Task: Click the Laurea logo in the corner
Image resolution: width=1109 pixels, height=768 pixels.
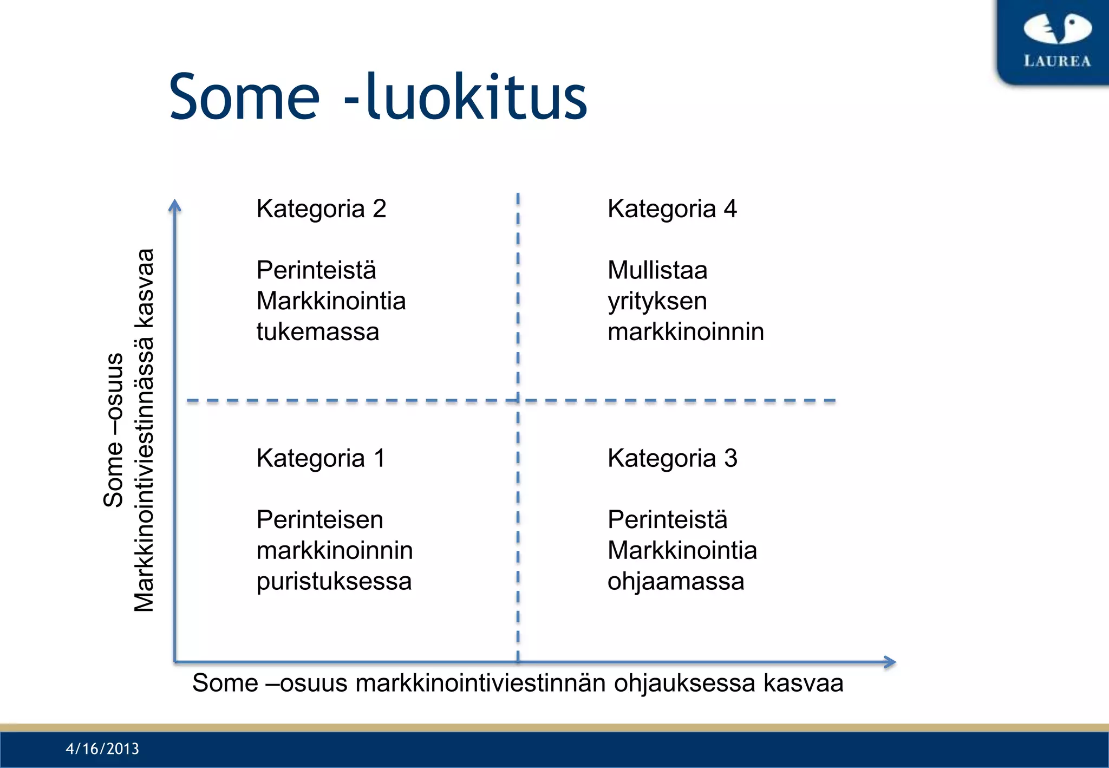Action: (1056, 41)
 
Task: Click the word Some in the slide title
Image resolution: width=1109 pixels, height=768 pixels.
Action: (244, 98)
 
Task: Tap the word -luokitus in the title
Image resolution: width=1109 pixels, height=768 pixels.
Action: (466, 98)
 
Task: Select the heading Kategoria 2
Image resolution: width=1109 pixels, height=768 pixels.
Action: (321, 209)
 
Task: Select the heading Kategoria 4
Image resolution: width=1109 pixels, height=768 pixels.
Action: (672, 209)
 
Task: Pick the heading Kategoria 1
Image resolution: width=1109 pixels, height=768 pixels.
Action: (321, 458)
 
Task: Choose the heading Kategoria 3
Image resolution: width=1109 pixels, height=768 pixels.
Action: (672, 458)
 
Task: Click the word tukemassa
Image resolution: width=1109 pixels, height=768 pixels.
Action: (318, 331)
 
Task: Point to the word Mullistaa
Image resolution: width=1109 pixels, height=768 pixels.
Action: (657, 270)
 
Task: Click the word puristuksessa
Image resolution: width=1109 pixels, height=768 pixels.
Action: (334, 581)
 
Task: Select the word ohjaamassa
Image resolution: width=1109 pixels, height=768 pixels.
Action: (676, 581)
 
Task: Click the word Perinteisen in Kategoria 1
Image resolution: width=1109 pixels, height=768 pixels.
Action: (320, 520)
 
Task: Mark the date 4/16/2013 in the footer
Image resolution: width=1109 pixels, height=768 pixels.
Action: (102, 749)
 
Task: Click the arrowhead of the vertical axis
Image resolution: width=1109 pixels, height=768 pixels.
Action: (174, 206)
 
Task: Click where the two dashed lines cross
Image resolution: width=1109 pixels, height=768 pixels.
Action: (518, 401)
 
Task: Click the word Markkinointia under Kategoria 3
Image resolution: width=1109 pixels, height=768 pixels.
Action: (682, 551)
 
